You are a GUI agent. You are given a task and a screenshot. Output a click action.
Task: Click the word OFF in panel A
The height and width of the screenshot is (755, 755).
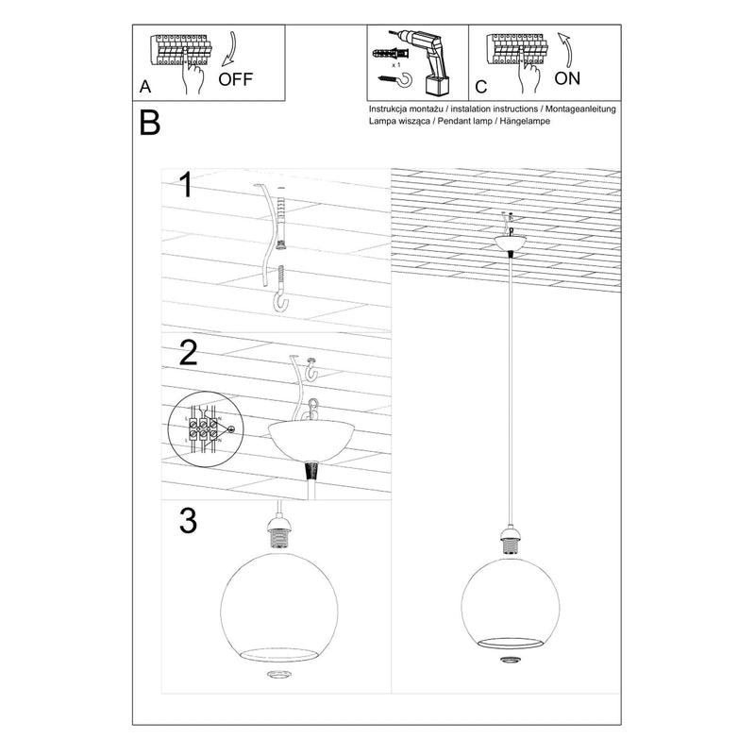[x=235, y=79]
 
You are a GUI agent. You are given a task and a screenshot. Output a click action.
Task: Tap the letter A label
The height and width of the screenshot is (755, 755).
[x=144, y=86]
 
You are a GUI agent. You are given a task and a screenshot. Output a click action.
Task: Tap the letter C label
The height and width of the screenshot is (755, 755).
[x=480, y=87]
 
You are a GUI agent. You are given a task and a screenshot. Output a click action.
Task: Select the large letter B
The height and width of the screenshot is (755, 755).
[x=149, y=123]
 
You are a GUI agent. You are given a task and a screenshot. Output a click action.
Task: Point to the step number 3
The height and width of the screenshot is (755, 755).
[x=188, y=519]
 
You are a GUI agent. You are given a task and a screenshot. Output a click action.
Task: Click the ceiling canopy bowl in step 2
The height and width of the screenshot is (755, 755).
[x=310, y=439]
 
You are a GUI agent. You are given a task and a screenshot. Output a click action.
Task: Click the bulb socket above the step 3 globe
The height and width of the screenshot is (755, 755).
[x=280, y=534]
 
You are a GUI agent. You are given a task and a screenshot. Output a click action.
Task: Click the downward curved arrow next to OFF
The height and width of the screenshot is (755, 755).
[x=232, y=51]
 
